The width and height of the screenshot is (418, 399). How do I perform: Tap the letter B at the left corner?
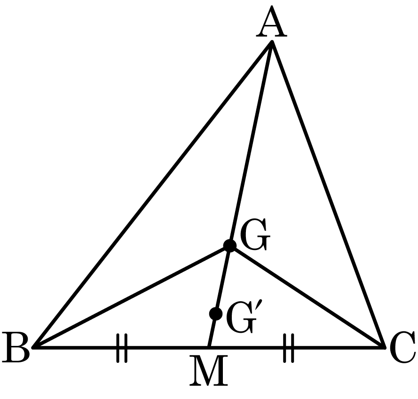(16, 347)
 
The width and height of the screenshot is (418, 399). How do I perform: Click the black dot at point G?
(229, 245)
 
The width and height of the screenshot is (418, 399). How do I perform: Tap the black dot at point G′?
(216, 314)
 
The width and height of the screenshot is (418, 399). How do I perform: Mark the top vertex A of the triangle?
(272, 41)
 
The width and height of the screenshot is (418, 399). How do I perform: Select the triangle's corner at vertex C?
(385, 347)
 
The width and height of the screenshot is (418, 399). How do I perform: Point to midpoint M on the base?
(209, 347)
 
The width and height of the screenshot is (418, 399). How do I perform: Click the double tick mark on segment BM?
(122, 348)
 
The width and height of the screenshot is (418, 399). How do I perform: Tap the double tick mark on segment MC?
(288, 348)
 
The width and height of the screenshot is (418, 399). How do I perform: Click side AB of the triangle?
(152, 194)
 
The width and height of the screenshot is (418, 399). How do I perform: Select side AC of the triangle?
(328, 194)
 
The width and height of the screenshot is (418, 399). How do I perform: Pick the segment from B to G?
(131, 297)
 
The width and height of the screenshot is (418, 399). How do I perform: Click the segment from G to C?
(307, 297)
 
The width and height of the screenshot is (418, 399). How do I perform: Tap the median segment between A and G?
(251, 143)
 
